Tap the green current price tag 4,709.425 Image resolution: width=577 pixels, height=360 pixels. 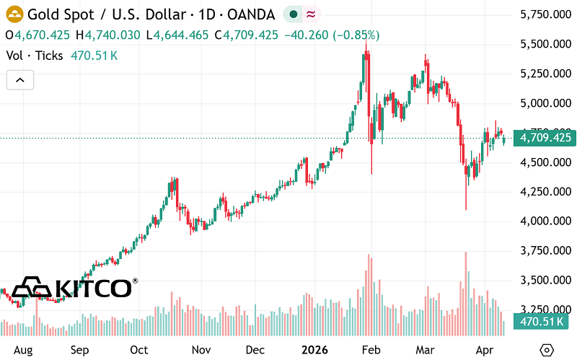[x=542, y=137]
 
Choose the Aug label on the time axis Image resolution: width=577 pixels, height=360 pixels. [x=25, y=350]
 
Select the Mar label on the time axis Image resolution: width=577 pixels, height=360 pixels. [x=428, y=350]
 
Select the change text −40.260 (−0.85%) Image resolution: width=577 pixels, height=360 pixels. [x=333, y=35]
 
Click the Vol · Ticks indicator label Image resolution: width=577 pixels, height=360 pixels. [x=34, y=55]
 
